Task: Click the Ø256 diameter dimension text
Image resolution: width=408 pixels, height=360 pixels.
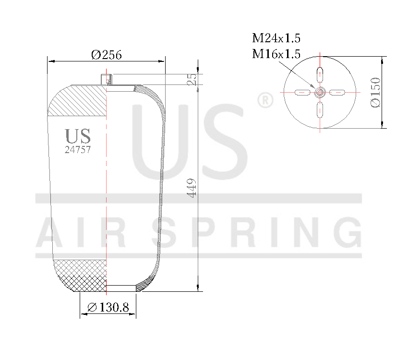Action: click(x=106, y=55)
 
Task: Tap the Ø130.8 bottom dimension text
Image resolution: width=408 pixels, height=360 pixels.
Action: click(x=108, y=307)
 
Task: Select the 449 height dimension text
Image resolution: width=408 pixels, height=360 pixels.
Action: click(x=192, y=188)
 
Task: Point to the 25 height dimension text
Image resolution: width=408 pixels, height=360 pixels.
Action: click(x=192, y=80)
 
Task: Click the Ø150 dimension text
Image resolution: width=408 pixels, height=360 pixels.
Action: click(x=375, y=92)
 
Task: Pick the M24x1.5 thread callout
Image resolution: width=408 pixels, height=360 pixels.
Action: click(x=276, y=38)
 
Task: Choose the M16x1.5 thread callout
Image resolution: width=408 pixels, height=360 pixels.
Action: click(x=276, y=54)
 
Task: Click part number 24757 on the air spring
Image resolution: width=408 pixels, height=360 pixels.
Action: click(x=78, y=149)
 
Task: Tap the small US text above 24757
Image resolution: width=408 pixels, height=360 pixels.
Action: click(x=78, y=136)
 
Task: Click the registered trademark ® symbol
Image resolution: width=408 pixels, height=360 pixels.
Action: click(x=265, y=101)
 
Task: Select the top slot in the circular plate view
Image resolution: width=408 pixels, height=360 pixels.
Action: click(x=320, y=75)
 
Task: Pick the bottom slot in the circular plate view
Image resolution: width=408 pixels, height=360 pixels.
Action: click(x=320, y=109)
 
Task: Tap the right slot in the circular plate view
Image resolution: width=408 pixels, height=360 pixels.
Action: click(x=337, y=92)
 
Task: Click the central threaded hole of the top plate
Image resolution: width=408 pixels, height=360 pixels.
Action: click(x=320, y=92)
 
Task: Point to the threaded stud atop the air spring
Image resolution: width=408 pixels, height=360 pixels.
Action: click(x=106, y=79)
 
